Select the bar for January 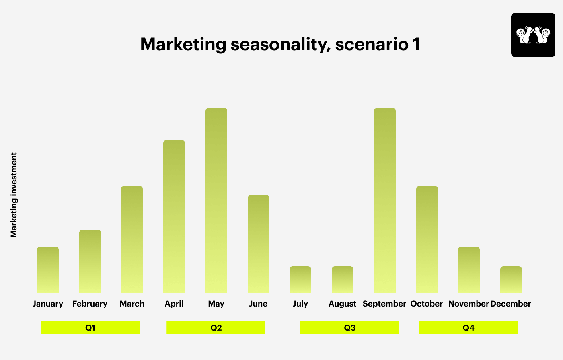pos(48,269)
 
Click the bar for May pos(216,200)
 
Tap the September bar pos(385,200)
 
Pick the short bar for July pos(300,280)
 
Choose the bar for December pos(511,280)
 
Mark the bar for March pos(132,239)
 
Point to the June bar pos(258,244)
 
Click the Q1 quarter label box pos(90,327)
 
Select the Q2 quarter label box pos(216,327)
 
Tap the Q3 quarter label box pos(349,327)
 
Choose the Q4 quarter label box pos(468,327)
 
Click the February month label pos(90,304)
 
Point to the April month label pos(174,304)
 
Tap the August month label pos(342,304)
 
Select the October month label pos(427,304)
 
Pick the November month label pos(468,304)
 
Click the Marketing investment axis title pos(14,195)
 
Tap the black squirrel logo pos(533,35)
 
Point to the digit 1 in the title pos(416,44)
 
